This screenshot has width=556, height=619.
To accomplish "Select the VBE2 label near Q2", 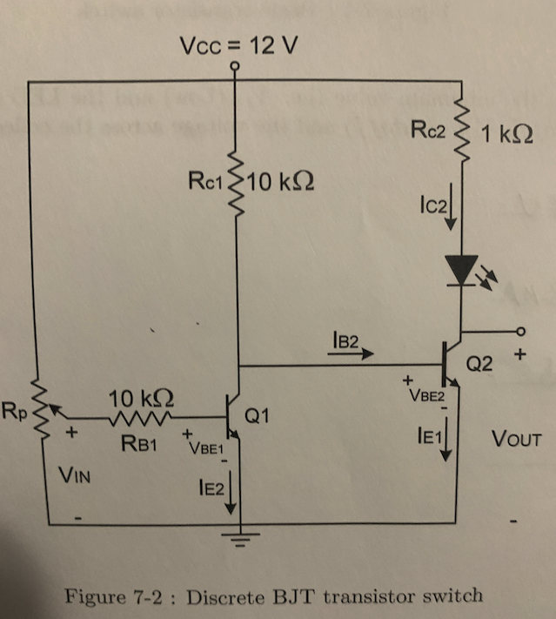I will (x=423, y=394).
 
